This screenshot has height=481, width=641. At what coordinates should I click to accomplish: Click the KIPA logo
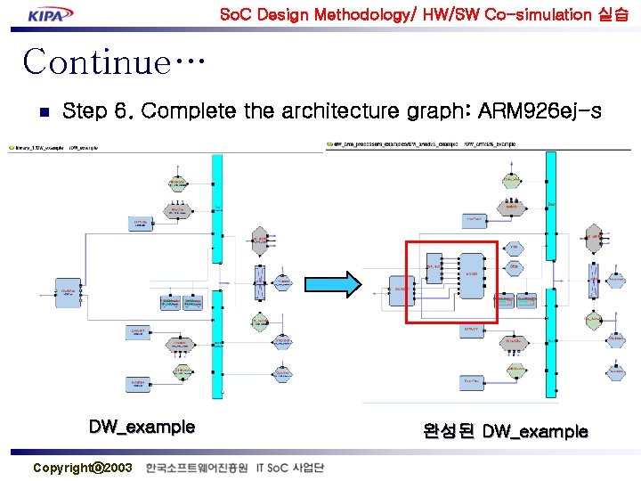coord(50,14)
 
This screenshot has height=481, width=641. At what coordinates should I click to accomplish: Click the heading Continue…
coord(114,62)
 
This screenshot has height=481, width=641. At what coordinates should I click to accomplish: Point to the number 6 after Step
coord(122,111)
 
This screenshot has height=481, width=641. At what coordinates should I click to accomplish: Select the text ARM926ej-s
coord(540,111)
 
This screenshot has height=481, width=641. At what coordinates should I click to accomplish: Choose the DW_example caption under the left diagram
coord(142,427)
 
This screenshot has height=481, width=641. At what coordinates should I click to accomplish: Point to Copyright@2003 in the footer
coord(82,468)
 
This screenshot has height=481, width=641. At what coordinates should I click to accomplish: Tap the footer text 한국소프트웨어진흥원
coord(198,468)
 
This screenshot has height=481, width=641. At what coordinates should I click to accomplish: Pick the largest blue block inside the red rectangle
coord(472,280)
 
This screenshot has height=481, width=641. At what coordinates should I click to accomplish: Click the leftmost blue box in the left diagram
coord(68,291)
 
